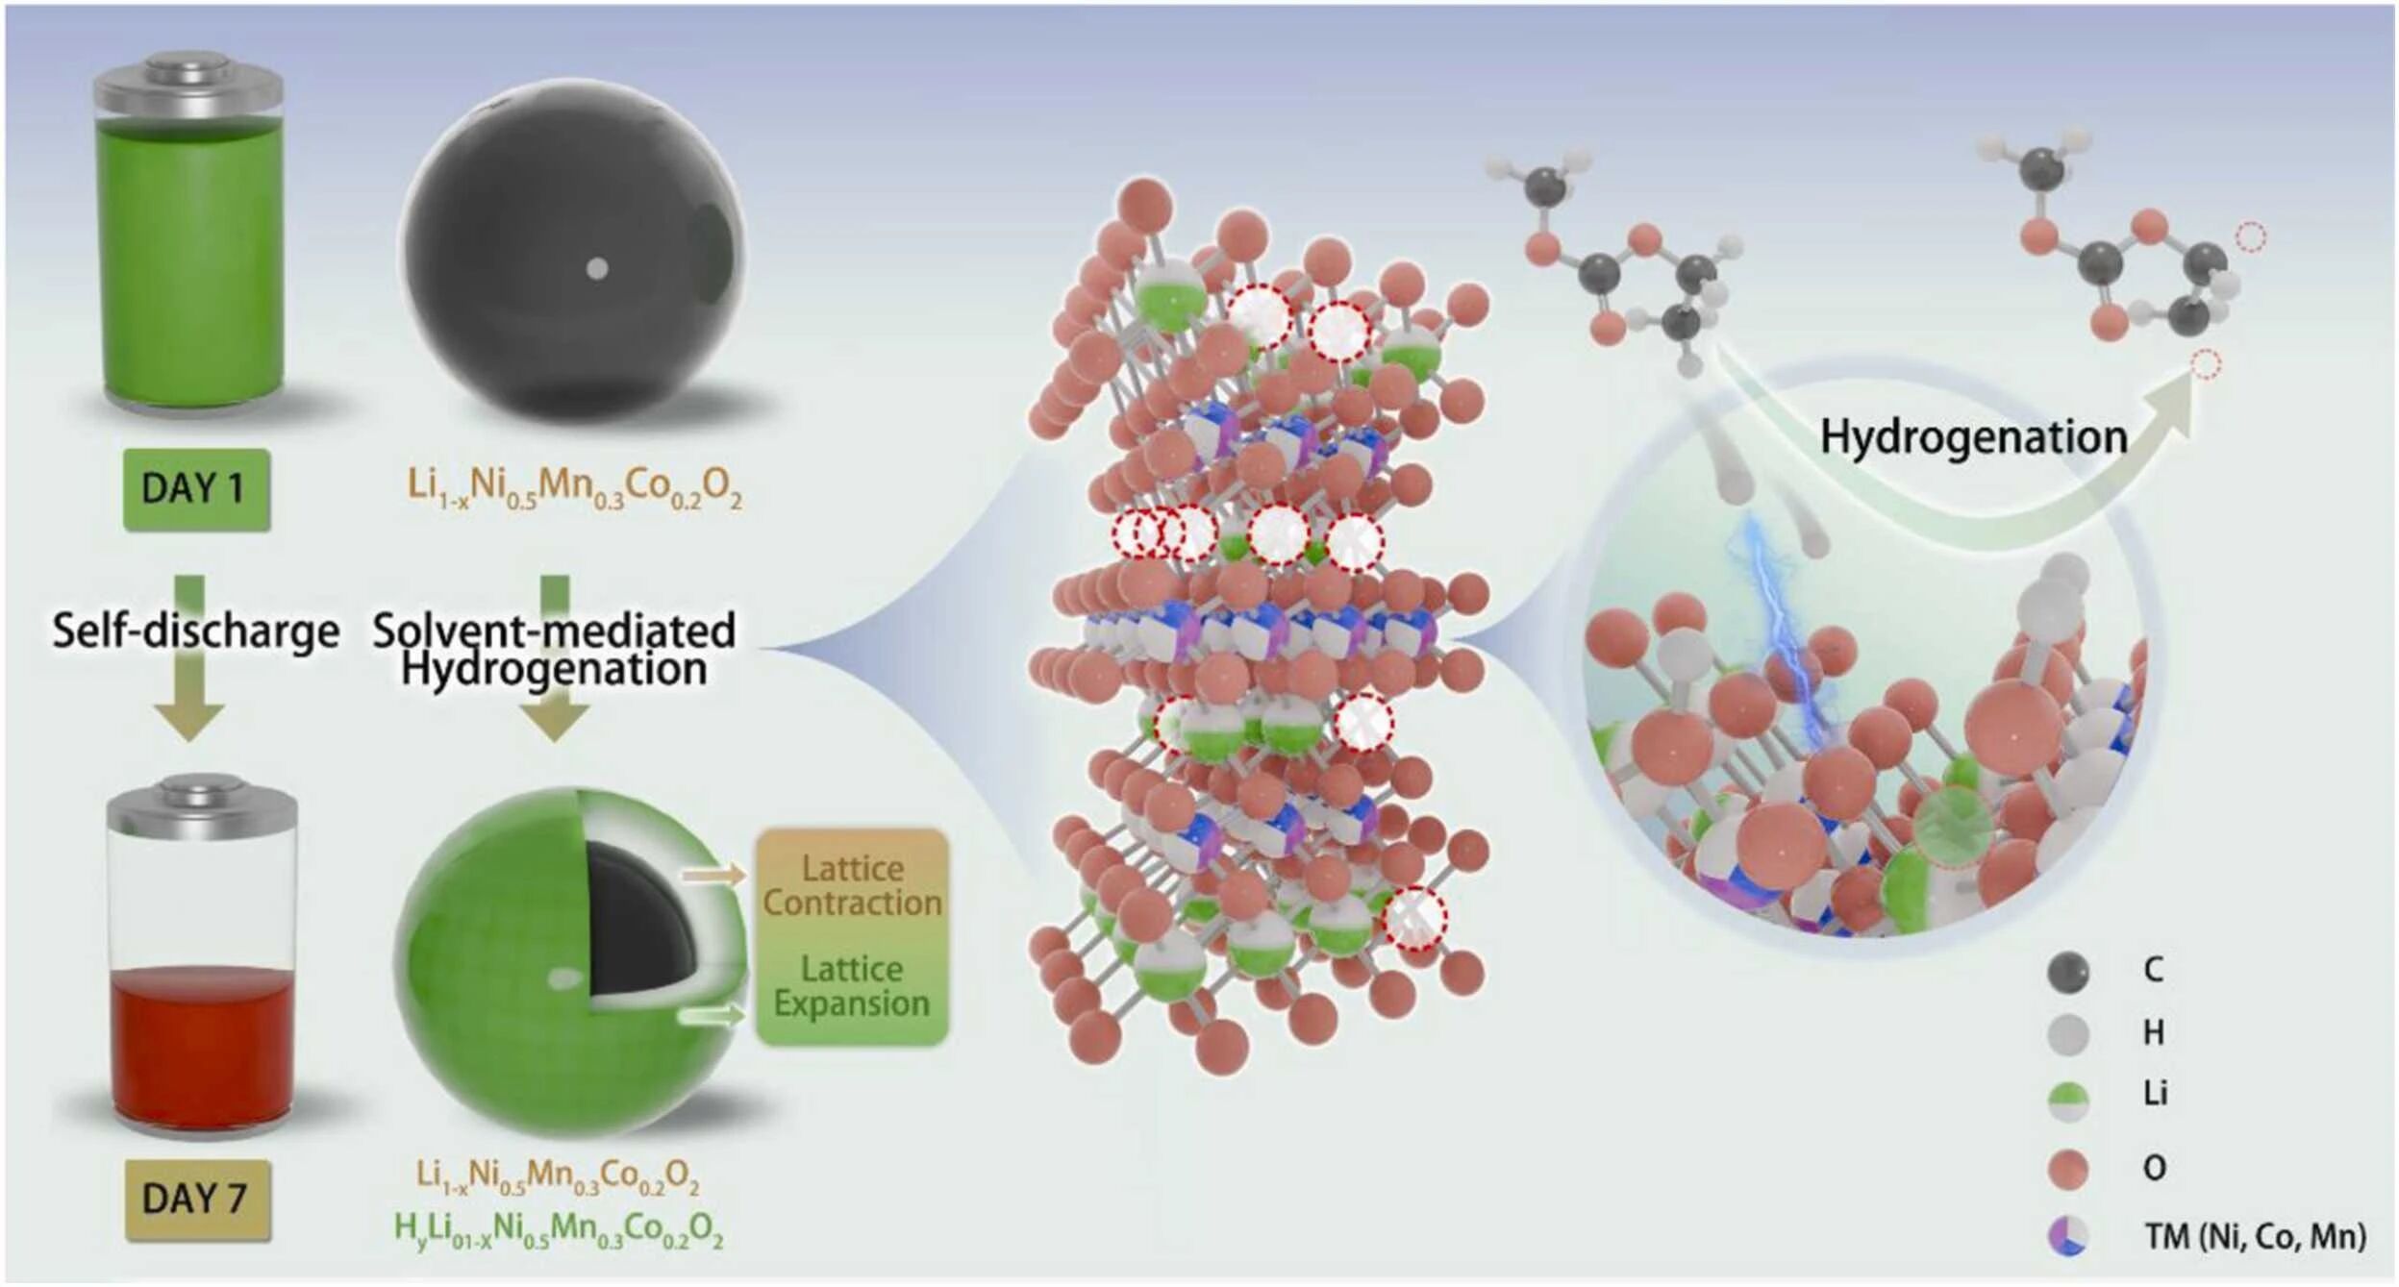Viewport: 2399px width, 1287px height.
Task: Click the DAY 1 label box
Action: pyautogui.click(x=196, y=489)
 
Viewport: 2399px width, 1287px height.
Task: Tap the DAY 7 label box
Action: pyautogui.click(x=196, y=1200)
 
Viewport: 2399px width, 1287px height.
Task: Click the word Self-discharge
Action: pyautogui.click(x=195, y=631)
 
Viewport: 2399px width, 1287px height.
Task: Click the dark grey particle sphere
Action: pyautogui.click(x=572, y=255)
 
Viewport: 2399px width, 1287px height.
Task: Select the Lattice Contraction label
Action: pyautogui.click(x=852, y=886)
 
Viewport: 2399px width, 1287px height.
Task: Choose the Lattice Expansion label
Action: pyautogui.click(x=852, y=986)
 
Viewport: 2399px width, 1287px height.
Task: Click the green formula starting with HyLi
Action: pyautogui.click(x=559, y=1229)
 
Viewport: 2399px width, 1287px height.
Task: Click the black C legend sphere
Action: pyautogui.click(x=2068, y=972)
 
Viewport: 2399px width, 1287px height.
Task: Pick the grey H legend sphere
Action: pyautogui.click(x=2068, y=1035)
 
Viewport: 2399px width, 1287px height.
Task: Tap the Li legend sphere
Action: pyautogui.click(x=2068, y=1101)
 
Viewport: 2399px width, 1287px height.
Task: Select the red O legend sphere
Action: pyautogui.click(x=2068, y=1169)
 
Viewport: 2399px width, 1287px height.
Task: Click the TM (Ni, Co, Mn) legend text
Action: pyautogui.click(x=2255, y=1236)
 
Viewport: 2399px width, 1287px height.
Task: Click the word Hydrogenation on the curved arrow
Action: pyautogui.click(x=1973, y=437)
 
